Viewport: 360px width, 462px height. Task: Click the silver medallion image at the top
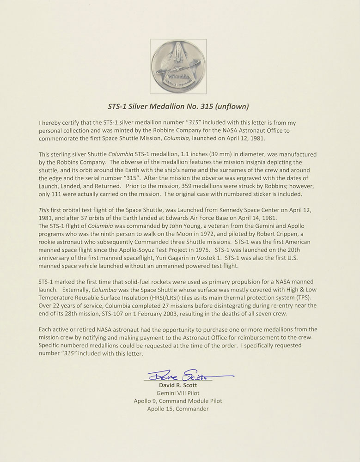point(178,67)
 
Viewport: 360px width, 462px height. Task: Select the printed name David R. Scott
point(178,385)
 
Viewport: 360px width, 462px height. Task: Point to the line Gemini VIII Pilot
point(178,393)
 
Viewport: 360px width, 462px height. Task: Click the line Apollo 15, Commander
point(178,409)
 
